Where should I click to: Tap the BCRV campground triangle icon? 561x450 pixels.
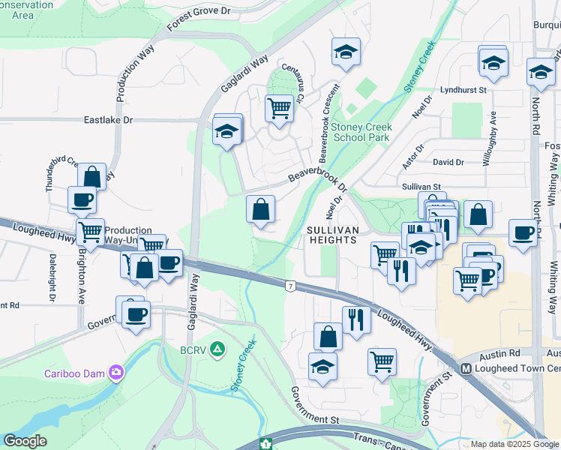217,348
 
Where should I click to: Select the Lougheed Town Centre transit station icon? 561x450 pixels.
466,368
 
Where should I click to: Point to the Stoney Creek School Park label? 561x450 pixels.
362,132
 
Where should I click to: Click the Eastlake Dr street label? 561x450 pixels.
108,120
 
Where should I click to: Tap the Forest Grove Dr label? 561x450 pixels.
199,17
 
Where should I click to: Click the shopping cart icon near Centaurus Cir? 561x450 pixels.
279,107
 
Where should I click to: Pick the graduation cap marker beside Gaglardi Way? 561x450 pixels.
226,132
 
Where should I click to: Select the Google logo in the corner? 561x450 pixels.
25,441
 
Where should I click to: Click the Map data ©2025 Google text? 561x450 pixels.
514,444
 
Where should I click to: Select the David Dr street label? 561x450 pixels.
448,162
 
